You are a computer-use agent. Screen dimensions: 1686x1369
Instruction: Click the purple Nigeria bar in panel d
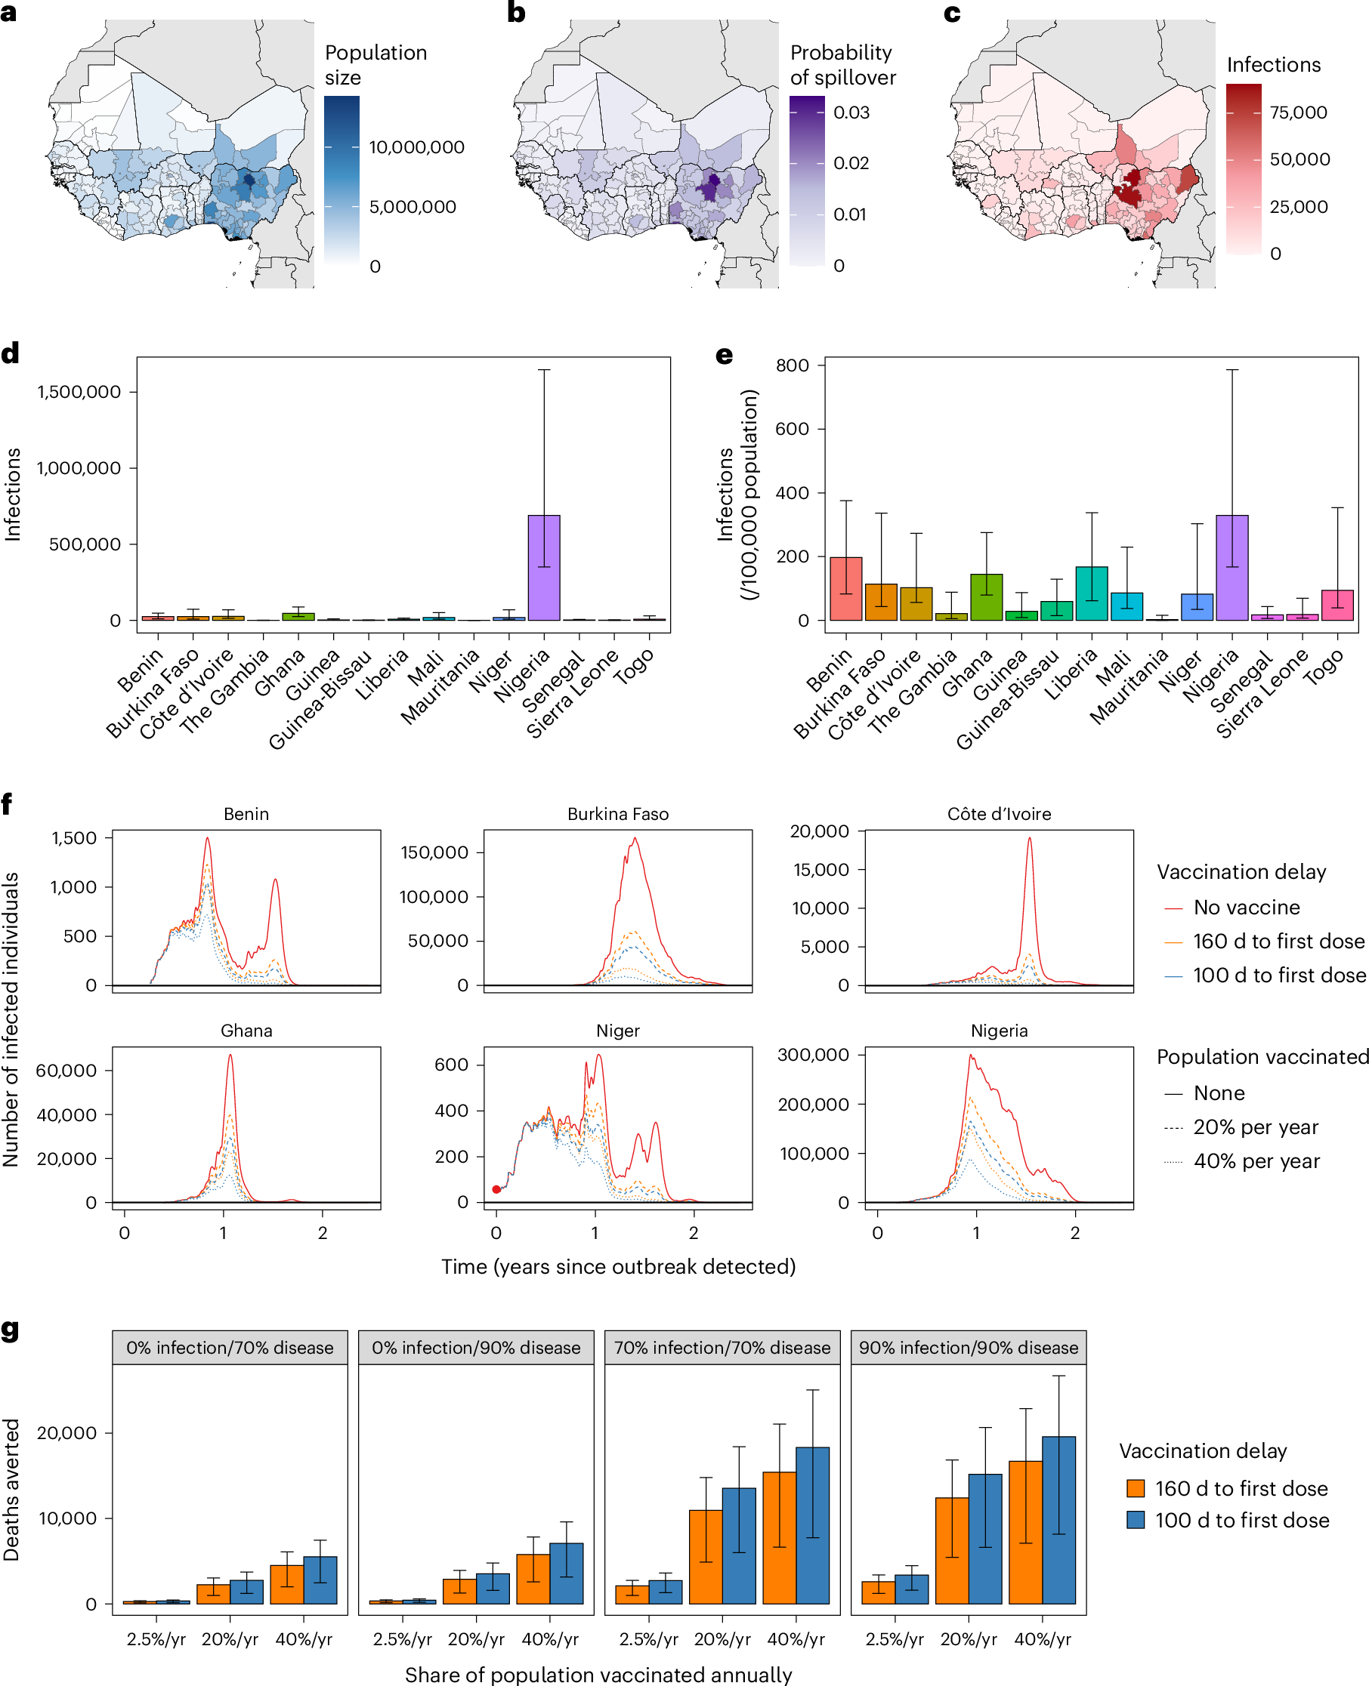point(543,568)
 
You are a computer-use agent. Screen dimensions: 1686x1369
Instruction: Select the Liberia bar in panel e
point(1092,593)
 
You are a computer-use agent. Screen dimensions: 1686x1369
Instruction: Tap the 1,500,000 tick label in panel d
point(79,392)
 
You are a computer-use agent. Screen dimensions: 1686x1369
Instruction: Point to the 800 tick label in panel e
point(792,365)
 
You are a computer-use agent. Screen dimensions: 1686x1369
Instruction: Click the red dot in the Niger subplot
point(496,1189)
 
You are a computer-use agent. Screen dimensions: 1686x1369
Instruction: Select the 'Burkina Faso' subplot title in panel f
point(617,814)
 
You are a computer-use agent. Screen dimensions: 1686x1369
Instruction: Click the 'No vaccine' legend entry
point(1246,908)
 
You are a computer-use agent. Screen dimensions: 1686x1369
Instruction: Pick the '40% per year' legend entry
point(1256,1161)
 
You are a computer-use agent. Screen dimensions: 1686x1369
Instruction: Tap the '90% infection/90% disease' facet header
point(969,1348)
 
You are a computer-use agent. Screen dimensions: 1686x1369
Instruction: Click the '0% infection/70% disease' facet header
point(230,1348)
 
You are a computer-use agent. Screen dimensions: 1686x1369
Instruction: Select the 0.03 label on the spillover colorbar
point(851,113)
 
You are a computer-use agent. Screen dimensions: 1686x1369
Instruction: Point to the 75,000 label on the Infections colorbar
point(1298,113)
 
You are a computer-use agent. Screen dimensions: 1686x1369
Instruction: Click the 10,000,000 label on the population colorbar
point(416,147)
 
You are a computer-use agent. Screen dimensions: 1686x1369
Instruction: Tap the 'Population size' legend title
point(375,65)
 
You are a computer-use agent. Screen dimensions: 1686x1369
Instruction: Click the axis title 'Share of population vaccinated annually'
point(598,1674)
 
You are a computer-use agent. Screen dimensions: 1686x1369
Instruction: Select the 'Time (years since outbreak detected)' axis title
point(617,1267)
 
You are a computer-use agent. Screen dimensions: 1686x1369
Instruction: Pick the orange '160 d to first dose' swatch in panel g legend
point(1136,1488)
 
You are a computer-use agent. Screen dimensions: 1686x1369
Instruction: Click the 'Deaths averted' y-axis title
point(11,1490)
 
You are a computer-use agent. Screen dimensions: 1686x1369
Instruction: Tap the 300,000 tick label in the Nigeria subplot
point(813,1055)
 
